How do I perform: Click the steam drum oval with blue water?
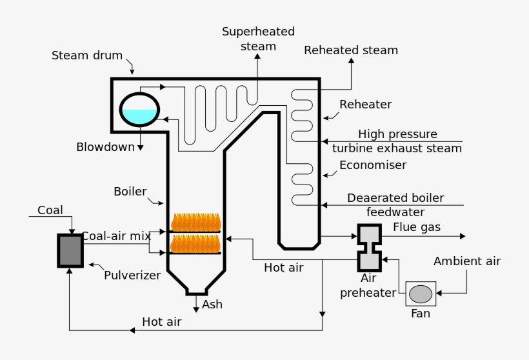[139, 108]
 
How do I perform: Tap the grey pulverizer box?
[70, 250]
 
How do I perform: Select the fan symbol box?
[421, 294]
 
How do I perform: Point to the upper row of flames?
[195, 223]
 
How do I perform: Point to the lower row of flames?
[195, 244]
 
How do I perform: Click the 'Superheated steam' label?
[258, 39]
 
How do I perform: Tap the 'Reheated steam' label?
[351, 50]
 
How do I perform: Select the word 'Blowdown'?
[105, 146]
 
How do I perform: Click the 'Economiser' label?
[373, 165]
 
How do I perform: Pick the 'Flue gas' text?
[417, 227]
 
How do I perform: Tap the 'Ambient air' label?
[467, 261]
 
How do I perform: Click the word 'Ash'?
[212, 305]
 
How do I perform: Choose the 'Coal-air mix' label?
[116, 236]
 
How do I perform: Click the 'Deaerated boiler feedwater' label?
[395, 205]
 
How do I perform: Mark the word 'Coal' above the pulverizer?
[50, 210]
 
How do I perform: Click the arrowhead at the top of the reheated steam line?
[352, 60]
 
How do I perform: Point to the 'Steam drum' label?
[87, 55]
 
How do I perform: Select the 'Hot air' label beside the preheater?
[283, 267]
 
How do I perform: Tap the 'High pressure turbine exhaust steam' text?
[397, 141]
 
